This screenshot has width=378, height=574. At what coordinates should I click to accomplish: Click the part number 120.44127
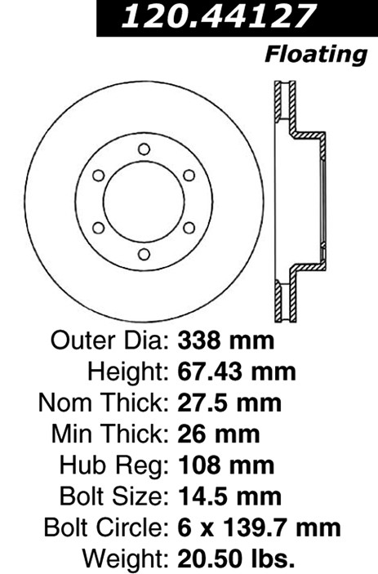click(x=219, y=16)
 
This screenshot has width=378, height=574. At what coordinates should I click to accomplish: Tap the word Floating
click(x=316, y=56)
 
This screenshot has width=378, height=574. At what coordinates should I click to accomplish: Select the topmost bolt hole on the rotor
click(x=144, y=149)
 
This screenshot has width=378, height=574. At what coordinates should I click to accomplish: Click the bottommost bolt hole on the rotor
click(x=144, y=254)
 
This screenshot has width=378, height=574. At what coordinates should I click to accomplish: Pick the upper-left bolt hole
click(x=99, y=176)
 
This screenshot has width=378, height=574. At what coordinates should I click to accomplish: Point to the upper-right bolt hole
click(x=189, y=176)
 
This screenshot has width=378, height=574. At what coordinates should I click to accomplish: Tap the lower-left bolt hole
click(x=99, y=228)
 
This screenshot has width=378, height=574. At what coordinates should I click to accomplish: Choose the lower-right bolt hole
click(x=189, y=228)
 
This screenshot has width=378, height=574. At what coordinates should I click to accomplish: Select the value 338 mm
click(x=226, y=340)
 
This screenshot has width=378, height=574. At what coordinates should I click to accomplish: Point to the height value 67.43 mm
click(x=237, y=372)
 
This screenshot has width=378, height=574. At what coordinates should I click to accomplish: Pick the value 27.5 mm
click(x=229, y=403)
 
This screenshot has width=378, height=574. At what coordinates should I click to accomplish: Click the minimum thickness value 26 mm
click(x=219, y=434)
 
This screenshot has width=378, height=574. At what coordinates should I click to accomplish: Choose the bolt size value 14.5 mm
click(x=229, y=496)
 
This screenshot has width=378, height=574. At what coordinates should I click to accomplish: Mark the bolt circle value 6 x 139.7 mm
click(x=259, y=527)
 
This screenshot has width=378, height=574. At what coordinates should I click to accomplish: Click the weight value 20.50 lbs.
click(x=236, y=558)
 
